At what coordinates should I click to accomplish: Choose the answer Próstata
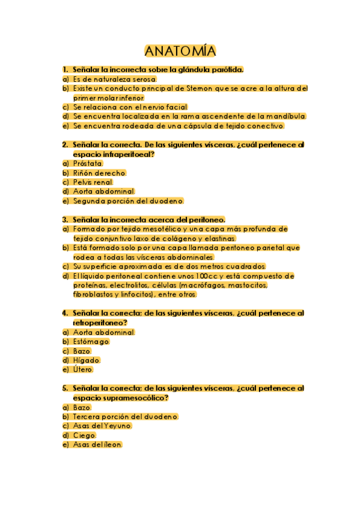[x=88, y=163]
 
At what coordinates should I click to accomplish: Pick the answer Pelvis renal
[x=93, y=182]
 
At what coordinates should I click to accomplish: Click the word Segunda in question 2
[x=91, y=200]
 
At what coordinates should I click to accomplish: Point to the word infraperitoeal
[x=130, y=155]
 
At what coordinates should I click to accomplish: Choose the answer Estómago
[x=91, y=342]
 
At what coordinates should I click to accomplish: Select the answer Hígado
[x=86, y=360]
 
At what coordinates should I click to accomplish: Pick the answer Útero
[x=83, y=369]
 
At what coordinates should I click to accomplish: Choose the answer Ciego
[x=84, y=435]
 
